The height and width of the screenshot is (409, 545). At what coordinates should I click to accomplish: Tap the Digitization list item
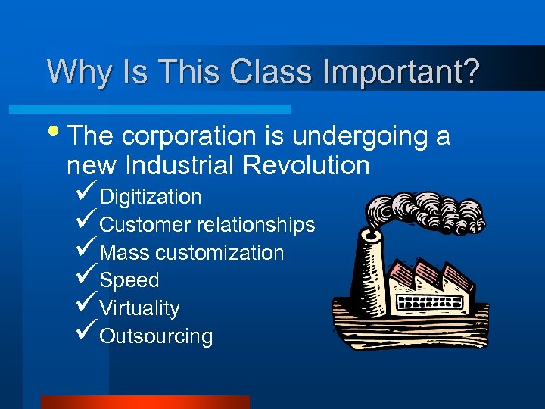tap(151, 197)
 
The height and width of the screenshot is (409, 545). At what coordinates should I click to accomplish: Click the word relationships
tap(256, 225)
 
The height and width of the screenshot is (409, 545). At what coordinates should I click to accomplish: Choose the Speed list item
tap(129, 280)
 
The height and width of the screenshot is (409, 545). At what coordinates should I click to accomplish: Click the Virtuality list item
tap(140, 308)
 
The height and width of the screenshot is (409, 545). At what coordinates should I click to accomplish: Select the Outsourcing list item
tap(156, 336)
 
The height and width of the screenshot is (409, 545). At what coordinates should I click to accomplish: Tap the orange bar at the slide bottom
tap(145, 401)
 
